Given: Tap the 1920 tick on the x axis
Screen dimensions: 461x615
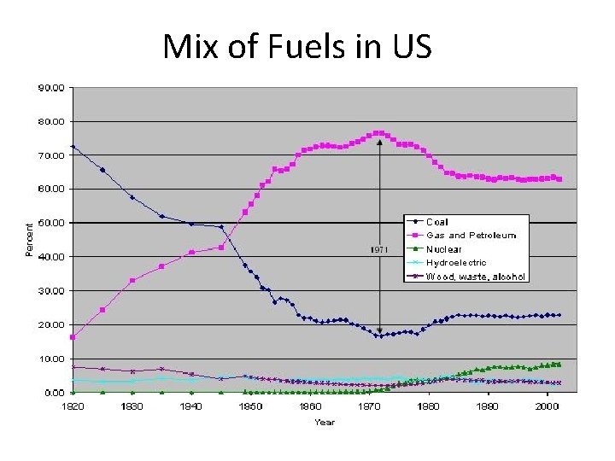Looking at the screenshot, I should (73, 406).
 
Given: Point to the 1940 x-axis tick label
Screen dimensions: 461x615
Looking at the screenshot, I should (191, 406).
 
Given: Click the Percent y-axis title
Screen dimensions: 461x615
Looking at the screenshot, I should (31, 240).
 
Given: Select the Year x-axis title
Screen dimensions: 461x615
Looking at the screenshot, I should (325, 422).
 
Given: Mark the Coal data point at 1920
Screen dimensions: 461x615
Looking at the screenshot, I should (73, 146).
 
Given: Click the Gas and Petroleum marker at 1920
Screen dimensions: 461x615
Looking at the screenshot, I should (73, 337).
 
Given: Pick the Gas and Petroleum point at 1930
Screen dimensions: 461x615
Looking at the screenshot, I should (132, 280).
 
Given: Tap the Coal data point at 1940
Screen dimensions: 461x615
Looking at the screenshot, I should (191, 224).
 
